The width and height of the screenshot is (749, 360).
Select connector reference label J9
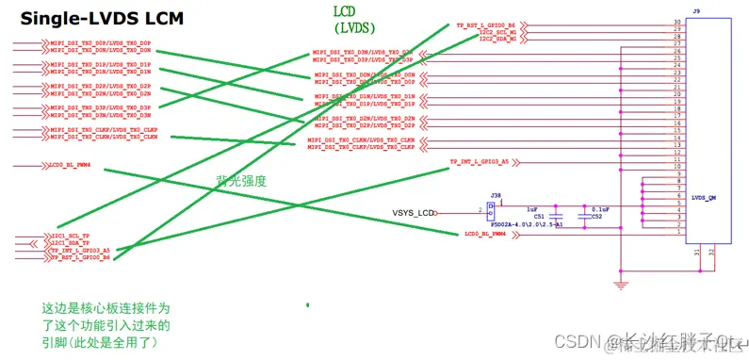[695, 10]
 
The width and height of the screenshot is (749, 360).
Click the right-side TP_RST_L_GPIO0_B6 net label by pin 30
[486, 25]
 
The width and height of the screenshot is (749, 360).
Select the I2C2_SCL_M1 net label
[497, 33]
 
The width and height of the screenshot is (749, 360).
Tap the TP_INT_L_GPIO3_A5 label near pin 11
[480, 162]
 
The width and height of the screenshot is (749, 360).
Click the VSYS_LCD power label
[415, 212]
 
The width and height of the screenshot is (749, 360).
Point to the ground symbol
[620, 282]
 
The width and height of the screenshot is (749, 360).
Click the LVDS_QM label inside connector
[705, 198]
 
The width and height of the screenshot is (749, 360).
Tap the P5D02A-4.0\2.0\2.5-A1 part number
[525, 224]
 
